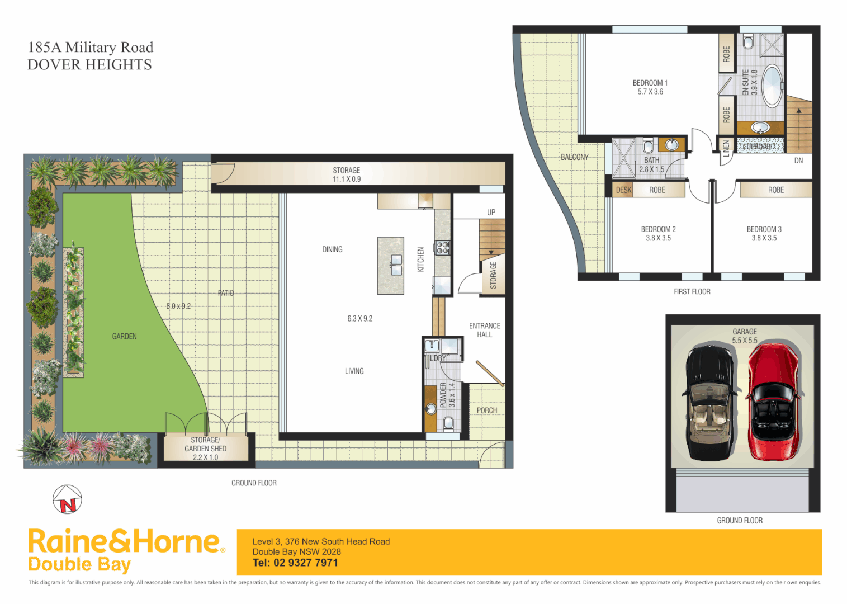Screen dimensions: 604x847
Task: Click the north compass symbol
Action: coord(67,499)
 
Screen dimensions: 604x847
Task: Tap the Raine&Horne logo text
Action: coord(124,542)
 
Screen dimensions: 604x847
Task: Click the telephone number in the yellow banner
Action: coord(295,563)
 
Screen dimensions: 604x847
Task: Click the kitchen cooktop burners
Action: coord(442,247)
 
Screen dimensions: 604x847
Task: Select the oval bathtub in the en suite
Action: coord(772,86)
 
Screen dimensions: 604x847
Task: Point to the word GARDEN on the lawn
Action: coord(124,336)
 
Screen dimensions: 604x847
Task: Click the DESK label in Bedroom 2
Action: coord(623,190)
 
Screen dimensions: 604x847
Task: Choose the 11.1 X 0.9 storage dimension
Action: coord(347,179)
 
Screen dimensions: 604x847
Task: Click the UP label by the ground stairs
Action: coord(491,213)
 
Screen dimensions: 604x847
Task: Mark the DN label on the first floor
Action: coord(798,161)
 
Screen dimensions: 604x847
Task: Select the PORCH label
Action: coord(486,410)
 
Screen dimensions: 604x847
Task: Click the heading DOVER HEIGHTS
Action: coord(89,65)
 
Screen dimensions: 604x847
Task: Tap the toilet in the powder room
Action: coord(448,423)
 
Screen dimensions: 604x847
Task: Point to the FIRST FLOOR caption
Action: coord(692,291)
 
